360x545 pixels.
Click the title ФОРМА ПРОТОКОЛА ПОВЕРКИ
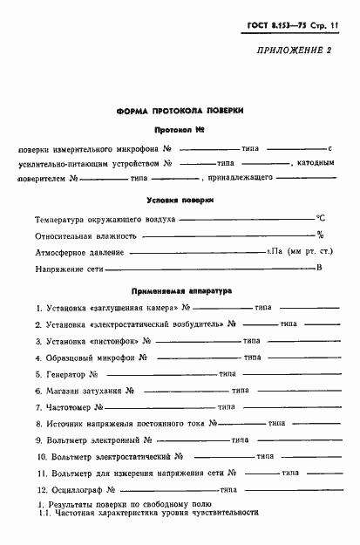[x=180, y=112]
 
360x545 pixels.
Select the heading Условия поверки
[x=180, y=200]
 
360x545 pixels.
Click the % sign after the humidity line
[x=320, y=235]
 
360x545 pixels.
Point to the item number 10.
[x=41, y=457]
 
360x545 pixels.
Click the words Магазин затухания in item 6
[x=92, y=391]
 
